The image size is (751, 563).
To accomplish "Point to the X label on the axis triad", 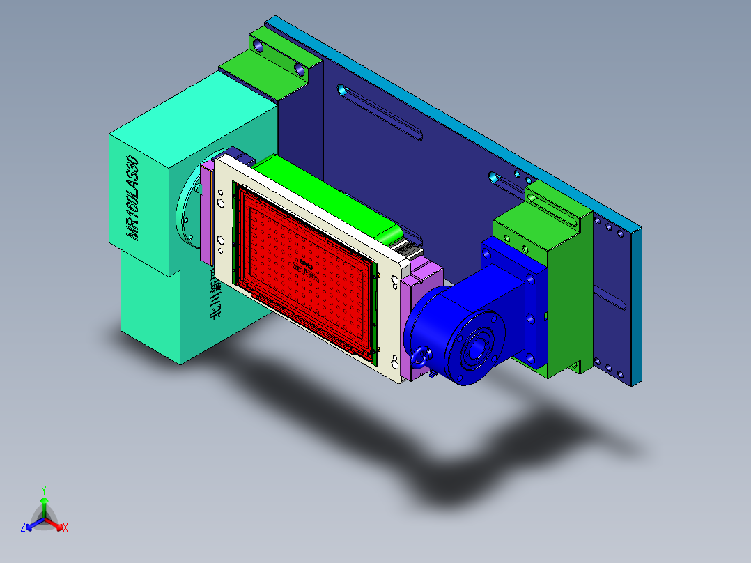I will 65,527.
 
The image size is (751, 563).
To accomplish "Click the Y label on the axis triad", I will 43,490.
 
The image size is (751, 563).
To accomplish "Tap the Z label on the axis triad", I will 23,527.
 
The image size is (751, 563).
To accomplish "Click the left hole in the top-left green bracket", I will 259,47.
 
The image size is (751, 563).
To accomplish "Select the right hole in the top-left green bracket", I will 300,70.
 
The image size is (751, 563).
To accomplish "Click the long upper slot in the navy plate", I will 380,112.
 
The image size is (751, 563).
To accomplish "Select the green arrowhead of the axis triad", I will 43,501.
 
